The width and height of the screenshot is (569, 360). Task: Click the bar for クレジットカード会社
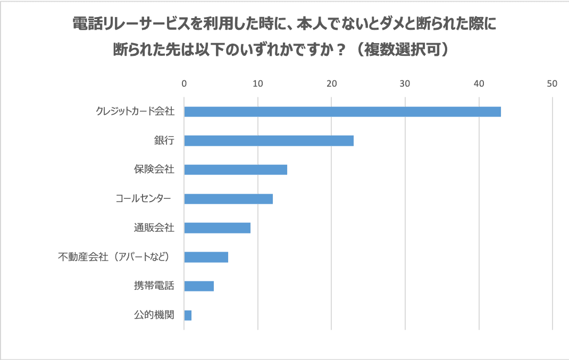click(x=342, y=112)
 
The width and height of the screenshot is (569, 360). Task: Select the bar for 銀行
click(x=269, y=141)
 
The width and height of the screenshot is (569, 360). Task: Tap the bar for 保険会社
click(x=236, y=170)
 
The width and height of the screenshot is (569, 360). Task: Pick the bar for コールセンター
click(x=228, y=199)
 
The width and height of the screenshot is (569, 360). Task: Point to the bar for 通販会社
click(x=217, y=228)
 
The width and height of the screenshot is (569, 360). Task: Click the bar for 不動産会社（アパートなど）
click(x=206, y=257)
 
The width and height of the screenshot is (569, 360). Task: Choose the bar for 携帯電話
click(x=199, y=286)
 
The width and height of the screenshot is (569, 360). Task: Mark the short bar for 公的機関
click(x=188, y=315)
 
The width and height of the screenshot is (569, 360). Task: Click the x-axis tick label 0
click(x=184, y=83)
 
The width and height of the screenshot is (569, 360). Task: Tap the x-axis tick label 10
click(x=258, y=83)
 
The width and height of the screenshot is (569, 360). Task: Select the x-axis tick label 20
click(x=332, y=83)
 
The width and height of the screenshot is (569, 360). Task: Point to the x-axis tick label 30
click(x=405, y=83)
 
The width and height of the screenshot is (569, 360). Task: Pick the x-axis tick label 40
click(x=479, y=83)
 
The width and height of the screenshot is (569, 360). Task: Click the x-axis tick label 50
click(x=552, y=83)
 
